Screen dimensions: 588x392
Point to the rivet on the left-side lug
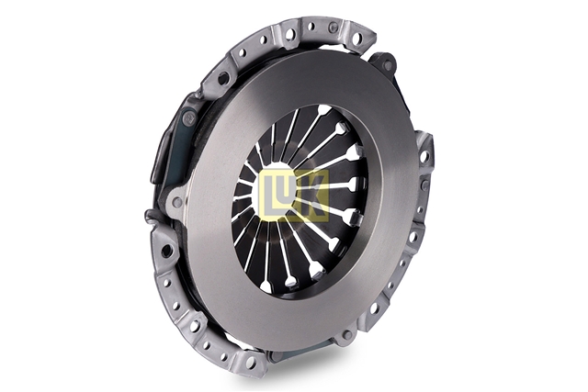(x=176, y=202)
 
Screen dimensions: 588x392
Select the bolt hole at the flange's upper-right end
(x=359, y=38)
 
